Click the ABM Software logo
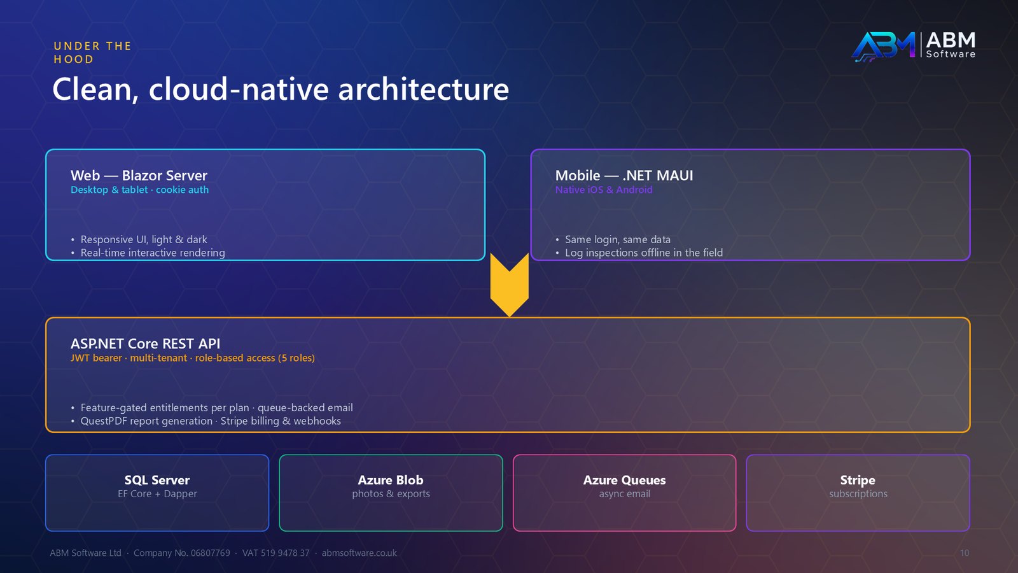click(914, 45)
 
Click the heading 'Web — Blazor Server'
click(139, 175)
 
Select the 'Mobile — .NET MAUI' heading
click(624, 175)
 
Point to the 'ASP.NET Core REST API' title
click(145, 343)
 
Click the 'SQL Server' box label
click(157, 480)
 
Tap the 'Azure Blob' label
click(391, 480)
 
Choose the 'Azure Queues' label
click(624, 480)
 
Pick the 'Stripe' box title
click(858, 480)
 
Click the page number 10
click(965, 553)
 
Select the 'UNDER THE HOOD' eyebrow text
click(92, 52)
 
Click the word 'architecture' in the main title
click(423, 88)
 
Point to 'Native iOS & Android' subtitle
click(604, 190)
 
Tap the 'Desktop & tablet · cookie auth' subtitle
click(139, 190)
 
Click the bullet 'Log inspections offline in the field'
click(643, 253)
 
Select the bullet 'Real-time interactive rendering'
click(153, 253)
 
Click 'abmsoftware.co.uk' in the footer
click(359, 553)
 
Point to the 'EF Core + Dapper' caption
click(157, 494)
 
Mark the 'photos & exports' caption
click(391, 494)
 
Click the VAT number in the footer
click(275, 553)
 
